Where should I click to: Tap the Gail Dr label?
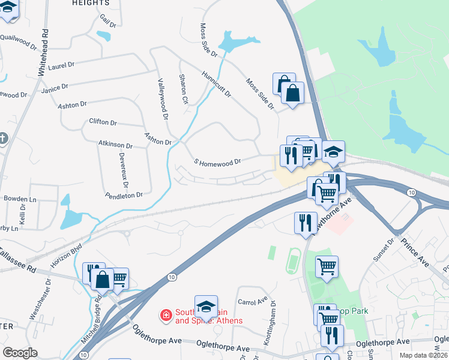[108, 21]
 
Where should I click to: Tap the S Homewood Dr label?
[217, 162]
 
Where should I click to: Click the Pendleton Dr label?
[124, 195]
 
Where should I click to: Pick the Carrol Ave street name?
[252, 302]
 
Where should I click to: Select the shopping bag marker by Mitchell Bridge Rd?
[103, 280]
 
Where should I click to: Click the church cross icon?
[3, 139]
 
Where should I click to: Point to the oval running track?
[292, 262]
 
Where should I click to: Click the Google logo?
[20, 353]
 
